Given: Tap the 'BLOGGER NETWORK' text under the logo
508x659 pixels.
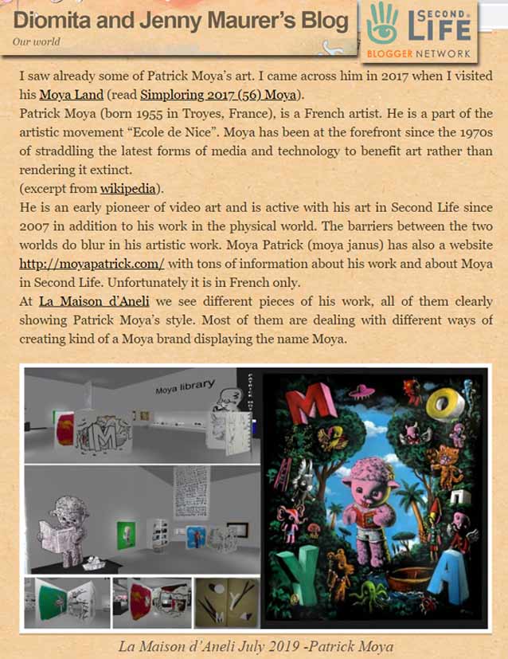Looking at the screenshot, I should [x=419, y=54].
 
